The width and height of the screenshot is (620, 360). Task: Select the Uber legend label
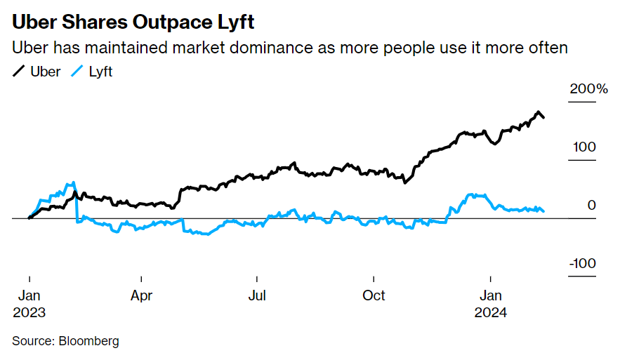45,71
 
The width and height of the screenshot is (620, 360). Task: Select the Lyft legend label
100,71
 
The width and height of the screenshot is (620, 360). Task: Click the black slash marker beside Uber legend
19,71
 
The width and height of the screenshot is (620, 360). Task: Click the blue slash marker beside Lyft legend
78,71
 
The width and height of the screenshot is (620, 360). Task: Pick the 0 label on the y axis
591,205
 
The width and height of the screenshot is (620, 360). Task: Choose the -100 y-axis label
582,263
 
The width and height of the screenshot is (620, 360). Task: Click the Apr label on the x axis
142,295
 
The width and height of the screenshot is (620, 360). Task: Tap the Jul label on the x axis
258,295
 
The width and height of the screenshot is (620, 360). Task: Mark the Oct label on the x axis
374,295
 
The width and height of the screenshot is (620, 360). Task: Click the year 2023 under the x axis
29,312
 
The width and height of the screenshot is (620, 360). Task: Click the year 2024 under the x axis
491,312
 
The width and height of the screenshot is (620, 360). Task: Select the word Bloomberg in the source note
89,341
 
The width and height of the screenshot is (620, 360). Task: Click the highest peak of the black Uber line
539,112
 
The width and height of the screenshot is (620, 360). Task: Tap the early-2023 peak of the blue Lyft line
73,182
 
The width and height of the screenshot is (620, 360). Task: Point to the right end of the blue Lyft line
543,211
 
